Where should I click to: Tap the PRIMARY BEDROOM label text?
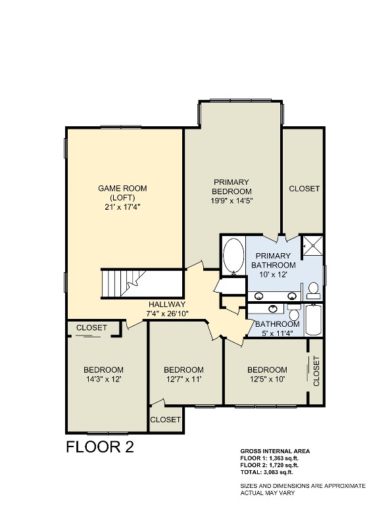point(231,191)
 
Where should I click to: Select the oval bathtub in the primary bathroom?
point(233,256)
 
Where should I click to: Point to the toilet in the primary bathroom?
point(313,289)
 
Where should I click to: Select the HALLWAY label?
point(167,304)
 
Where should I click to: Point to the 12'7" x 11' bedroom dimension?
point(183,379)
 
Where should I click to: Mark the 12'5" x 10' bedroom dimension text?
point(267,379)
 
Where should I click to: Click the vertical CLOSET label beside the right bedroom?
point(316,370)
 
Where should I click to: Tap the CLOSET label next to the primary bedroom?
point(304,189)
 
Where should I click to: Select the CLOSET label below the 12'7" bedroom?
point(165,420)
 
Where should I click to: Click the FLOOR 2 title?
point(100,447)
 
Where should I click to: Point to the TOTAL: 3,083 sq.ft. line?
point(267,471)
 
